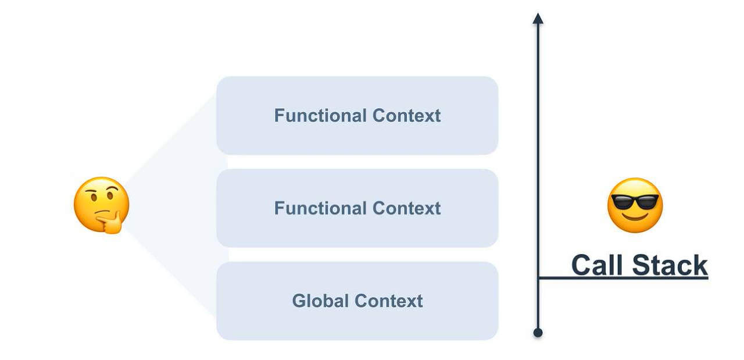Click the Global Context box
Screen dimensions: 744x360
[357, 301]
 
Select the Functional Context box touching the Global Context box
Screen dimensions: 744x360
[357, 208]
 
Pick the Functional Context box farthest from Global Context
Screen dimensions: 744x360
[357, 116]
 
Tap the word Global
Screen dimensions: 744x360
[320, 301]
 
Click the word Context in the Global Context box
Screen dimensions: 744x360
[389, 301]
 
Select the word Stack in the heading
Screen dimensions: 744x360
[670, 265]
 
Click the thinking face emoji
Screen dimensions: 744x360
[102, 205]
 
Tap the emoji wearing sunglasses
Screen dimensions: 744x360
[635, 205]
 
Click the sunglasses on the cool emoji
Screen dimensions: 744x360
[635, 202]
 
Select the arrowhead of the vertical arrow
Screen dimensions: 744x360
[538, 19]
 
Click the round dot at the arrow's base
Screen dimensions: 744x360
[538, 333]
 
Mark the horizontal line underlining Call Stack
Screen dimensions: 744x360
[623, 277]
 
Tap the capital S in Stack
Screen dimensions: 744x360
[641, 265]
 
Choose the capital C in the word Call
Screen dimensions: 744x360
[581, 265]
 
